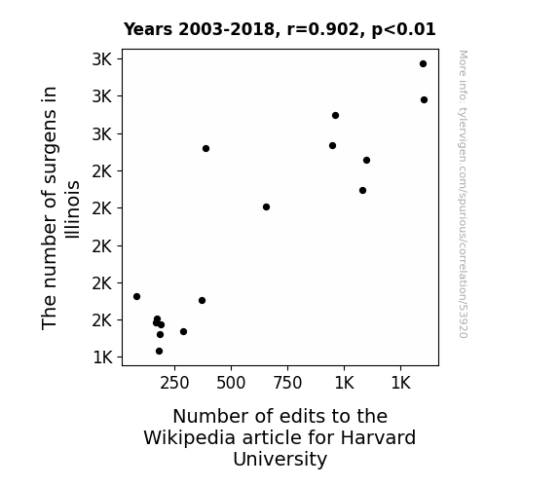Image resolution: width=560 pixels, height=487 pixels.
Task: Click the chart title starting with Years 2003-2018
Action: (280, 29)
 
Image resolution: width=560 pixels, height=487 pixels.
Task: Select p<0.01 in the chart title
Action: (404, 30)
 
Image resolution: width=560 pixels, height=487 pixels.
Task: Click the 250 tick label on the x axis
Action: (174, 384)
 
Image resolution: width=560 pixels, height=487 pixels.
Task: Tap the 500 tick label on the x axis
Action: (231, 384)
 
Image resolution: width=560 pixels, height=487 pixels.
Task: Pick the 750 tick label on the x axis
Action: (287, 384)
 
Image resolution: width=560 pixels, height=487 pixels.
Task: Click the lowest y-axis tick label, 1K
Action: (102, 357)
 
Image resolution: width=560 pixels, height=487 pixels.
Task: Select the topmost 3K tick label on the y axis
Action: (102, 59)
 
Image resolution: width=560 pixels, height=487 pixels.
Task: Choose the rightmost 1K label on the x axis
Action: (400, 384)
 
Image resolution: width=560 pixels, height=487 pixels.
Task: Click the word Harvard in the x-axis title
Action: (378, 437)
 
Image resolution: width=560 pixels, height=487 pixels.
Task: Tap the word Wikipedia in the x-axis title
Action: (190, 438)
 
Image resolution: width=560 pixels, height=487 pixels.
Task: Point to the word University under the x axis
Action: (280, 460)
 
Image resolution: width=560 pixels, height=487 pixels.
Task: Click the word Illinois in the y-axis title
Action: (72, 209)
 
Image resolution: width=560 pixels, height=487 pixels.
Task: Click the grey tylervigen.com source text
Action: (463, 194)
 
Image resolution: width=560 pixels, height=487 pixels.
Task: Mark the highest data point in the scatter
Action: (424, 64)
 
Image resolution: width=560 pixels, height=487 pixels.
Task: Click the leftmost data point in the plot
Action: (136, 296)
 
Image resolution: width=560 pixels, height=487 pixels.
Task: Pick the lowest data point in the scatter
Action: (160, 352)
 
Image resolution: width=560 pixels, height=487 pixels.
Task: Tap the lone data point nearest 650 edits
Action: (266, 206)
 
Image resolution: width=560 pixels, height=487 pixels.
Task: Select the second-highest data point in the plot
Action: (424, 100)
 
